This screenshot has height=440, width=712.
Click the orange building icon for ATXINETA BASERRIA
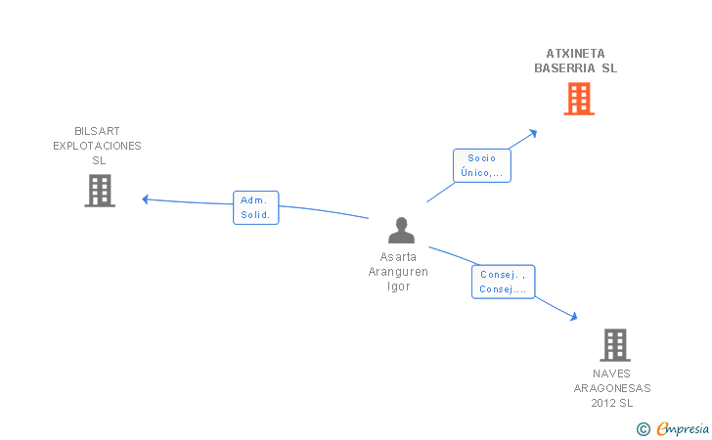click(579, 99)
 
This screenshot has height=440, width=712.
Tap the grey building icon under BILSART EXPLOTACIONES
click(100, 191)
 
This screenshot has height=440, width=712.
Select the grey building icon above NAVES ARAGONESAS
click(615, 345)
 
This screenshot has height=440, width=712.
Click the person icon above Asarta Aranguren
click(401, 230)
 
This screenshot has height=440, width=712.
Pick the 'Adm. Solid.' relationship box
click(255, 207)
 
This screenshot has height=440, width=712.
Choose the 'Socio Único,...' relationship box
click(482, 165)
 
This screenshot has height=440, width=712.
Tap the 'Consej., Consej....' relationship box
click(503, 282)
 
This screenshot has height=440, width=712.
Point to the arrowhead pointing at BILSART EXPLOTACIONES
click(146, 199)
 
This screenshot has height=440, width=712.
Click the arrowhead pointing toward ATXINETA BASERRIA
click(534, 134)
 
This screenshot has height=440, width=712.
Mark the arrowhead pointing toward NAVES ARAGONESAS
click(574, 317)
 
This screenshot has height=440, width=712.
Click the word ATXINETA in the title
click(575, 54)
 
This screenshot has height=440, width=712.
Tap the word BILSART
click(97, 131)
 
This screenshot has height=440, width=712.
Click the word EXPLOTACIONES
click(97, 146)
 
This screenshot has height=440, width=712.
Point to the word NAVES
click(611, 374)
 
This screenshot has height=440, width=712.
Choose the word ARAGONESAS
click(612, 388)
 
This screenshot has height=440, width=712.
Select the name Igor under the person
click(399, 286)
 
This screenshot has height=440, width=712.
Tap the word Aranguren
click(398, 272)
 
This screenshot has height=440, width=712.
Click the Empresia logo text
click(683, 428)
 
